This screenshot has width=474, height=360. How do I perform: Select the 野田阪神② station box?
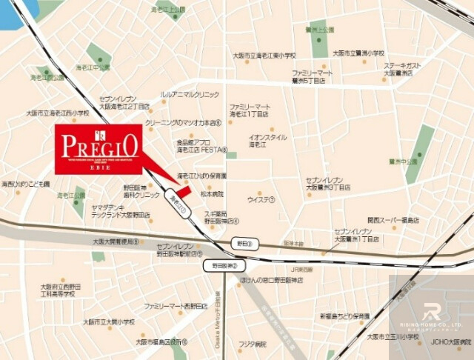(223, 264)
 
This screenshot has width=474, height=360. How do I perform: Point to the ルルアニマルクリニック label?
(190, 95)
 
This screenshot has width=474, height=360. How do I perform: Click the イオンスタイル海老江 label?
(267, 141)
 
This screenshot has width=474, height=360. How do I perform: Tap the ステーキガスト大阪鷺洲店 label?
(404, 69)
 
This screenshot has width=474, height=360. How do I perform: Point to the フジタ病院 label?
(252, 344)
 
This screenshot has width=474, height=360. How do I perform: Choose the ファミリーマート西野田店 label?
(176, 305)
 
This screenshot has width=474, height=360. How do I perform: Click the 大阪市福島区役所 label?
(161, 342)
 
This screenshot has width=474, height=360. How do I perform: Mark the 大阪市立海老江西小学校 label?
(58, 113)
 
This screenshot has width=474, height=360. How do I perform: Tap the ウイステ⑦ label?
(261, 199)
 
